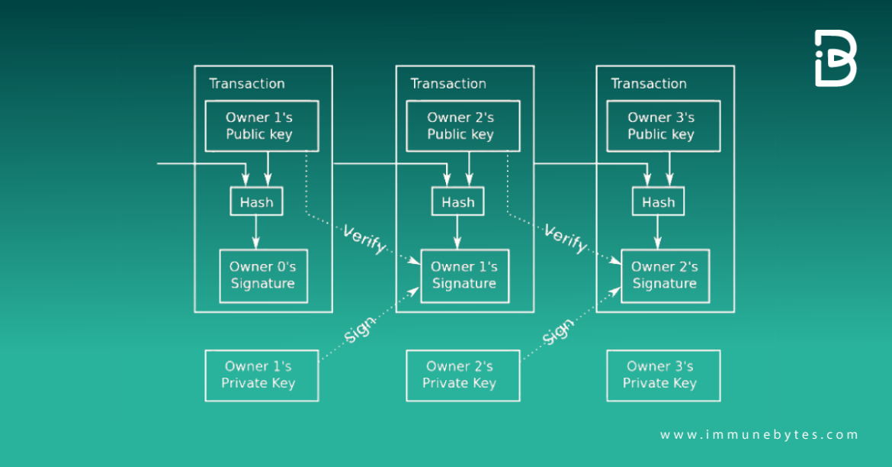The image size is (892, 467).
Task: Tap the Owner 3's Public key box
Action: (x=662, y=126)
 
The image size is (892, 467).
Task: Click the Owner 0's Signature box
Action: (x=263, y=275)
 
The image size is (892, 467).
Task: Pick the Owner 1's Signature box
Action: (x=464, y=275)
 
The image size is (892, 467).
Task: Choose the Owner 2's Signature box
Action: (x=665, y=275)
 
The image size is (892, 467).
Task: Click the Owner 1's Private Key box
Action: (x=262, y=375)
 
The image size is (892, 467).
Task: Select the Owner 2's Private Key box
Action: (x=462, y=375)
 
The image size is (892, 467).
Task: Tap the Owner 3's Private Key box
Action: (x=663, y=375)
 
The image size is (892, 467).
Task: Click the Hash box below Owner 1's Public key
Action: (x=257, y=202)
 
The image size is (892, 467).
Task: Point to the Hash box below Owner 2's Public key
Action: (x=458, y=202)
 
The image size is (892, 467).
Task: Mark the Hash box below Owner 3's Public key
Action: (x=659, y=202)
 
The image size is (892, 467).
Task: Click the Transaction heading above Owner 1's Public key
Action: (x=247, y=84)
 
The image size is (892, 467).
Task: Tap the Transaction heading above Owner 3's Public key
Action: (x=649, y=84)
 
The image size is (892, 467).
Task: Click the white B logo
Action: (x=836, y=59)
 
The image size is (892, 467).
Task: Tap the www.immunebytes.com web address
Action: (x=759, y=435)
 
